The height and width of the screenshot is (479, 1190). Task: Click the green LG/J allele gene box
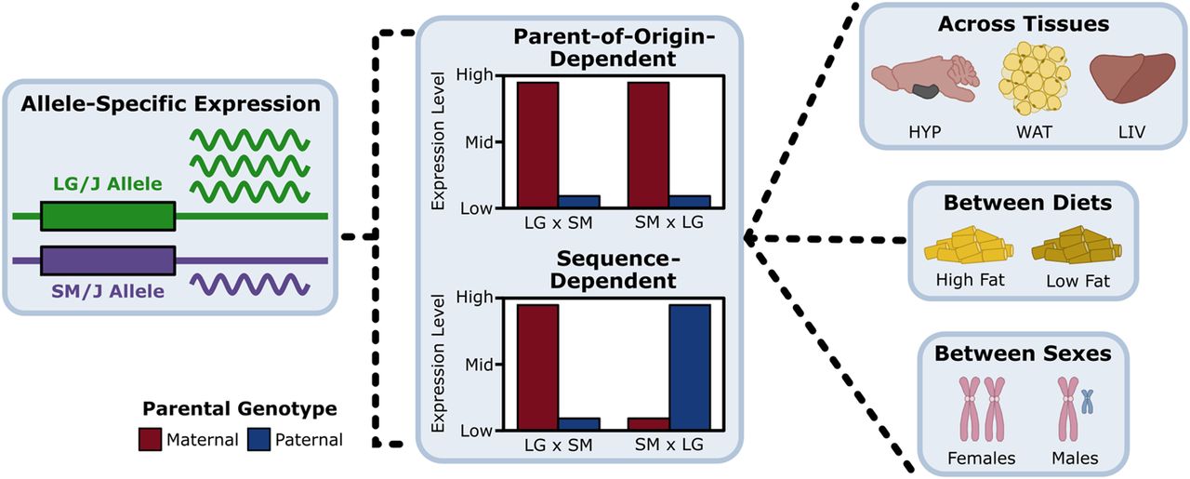[107, 217]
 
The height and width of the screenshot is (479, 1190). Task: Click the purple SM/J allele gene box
[107, 260]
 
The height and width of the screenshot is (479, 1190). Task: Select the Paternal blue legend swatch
[259, 439]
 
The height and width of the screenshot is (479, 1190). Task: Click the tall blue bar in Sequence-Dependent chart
[689, 367]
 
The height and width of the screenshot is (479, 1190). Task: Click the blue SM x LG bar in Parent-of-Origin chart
[689, 201]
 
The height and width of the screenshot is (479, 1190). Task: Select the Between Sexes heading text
[1021, 353]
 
